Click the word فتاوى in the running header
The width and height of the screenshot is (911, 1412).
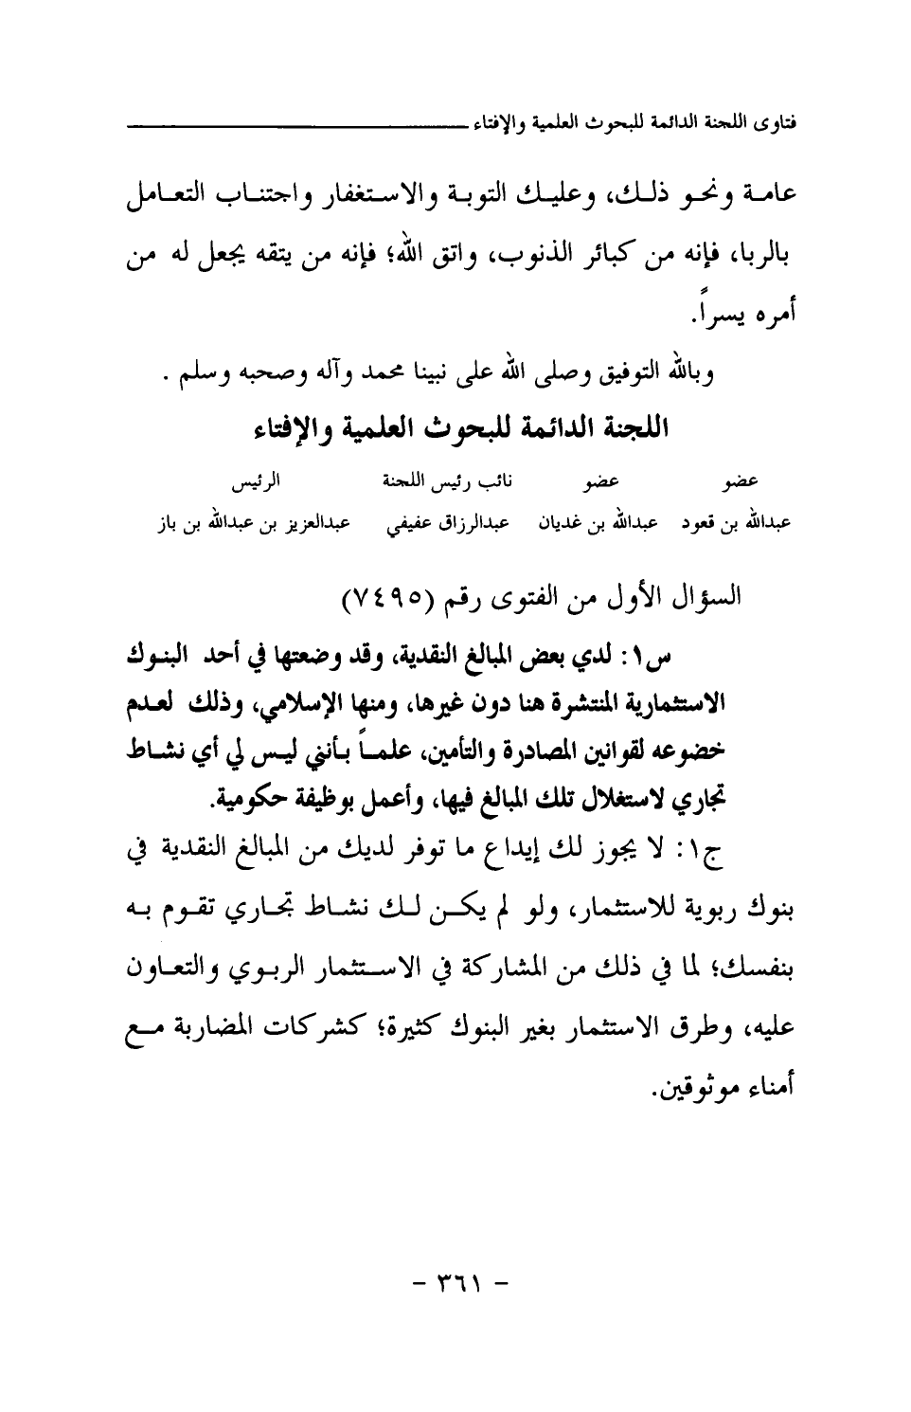point(775,124)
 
